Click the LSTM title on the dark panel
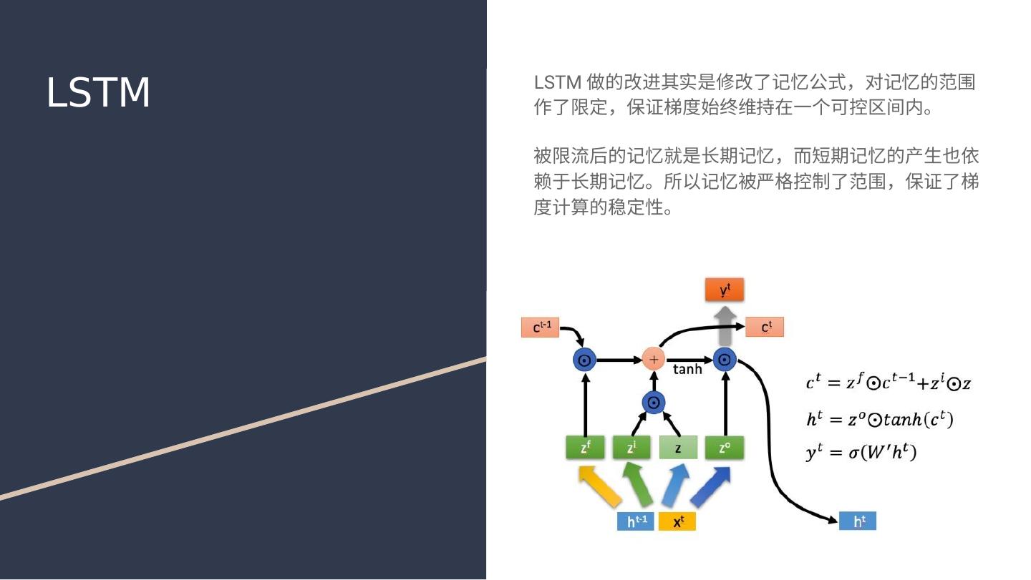tap(98, 93)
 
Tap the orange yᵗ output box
tap(725, 290)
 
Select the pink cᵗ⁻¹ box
tap(540, 328)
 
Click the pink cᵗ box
tap(765, 327)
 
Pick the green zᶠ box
tap(585, 448)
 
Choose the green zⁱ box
tap(631, 448)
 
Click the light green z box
tap(677, 448)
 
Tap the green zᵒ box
tap(725, 448)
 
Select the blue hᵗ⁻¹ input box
tap(635, 521)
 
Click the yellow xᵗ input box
tap(677, 521)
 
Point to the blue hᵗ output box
tap(857, 521)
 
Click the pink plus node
tap(653, 359)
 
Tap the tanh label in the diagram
tap(687, 370)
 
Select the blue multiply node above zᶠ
tap(585, 360)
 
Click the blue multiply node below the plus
tap(653, 403)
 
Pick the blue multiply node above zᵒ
tap(725, 360)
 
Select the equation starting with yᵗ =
tap(861, 453)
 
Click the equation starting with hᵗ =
tap(879, 420)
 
